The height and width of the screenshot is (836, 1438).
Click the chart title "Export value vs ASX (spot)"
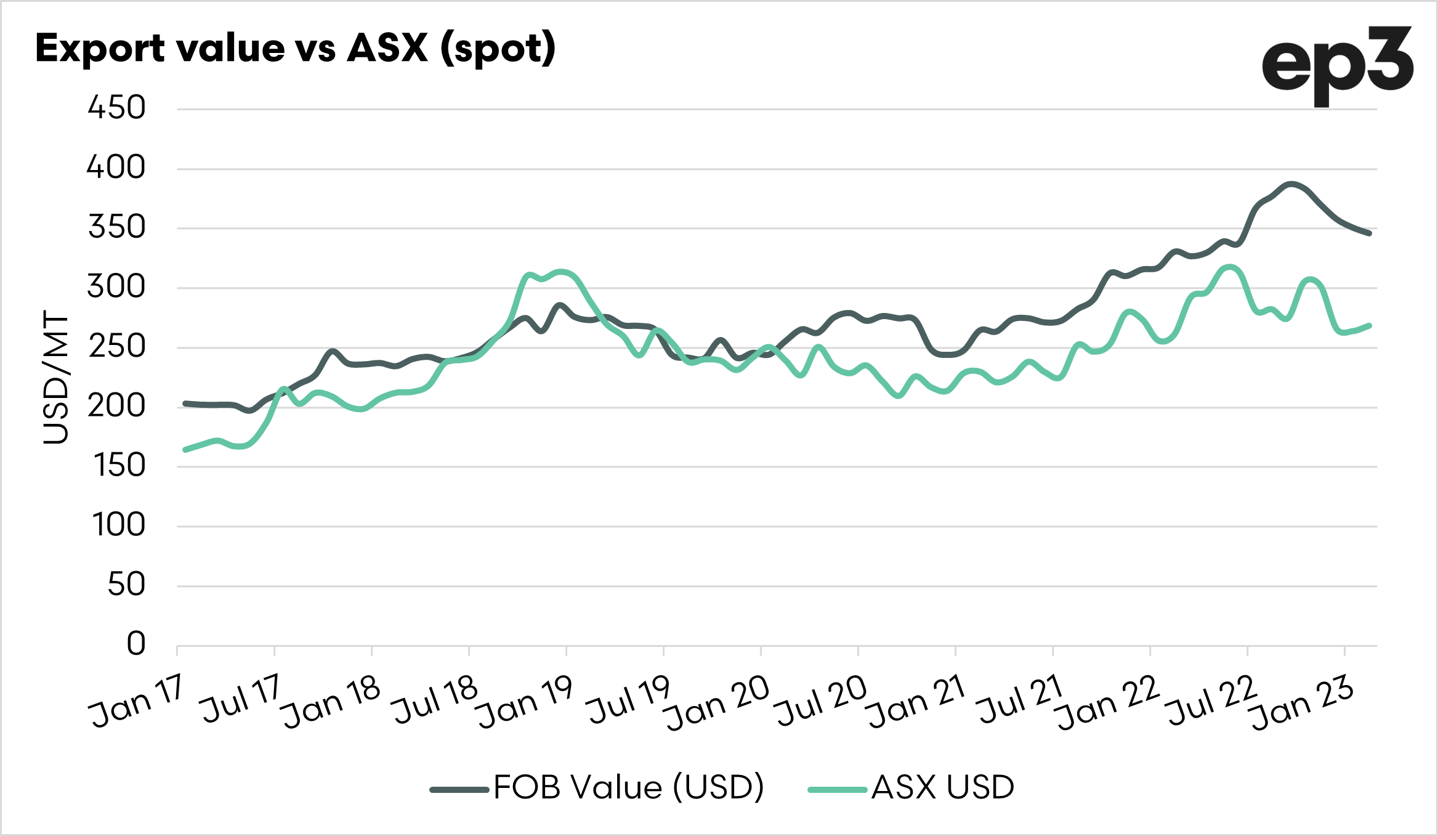pos(296,48)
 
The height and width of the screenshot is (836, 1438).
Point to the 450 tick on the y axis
pos(116,108)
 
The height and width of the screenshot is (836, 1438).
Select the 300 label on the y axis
pos(116,286)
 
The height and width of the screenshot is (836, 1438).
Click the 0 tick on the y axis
pos(136,644)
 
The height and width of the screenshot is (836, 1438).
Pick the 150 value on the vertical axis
pos(119,465)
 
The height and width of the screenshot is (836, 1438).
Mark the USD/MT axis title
pos(56,377)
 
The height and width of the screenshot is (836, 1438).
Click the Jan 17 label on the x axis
pos(137,702)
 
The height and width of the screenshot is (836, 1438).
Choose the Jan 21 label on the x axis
pos(916,702)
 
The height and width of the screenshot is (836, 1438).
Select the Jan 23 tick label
pos(1303,703)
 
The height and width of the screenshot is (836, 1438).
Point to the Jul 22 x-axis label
pos(1210,701)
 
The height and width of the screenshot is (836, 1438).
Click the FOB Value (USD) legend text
pos(628,787)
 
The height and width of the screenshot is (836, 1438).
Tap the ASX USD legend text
pos(942,787)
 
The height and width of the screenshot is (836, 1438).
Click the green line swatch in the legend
pos(838,789)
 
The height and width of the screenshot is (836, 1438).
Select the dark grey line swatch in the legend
pos(459,789)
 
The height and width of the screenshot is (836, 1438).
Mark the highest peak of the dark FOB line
pos(1291,184)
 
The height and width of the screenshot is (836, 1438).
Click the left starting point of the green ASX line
pos(185,450)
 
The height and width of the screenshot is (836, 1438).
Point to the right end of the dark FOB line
pos(1369,233)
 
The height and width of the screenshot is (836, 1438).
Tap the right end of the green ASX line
pos(1369,325)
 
